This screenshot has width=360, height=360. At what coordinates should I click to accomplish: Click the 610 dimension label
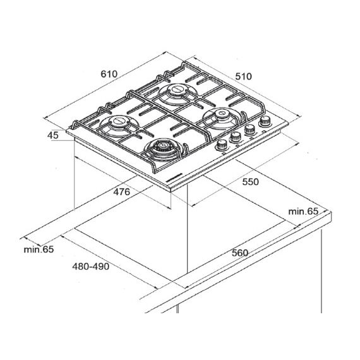click(109, 74)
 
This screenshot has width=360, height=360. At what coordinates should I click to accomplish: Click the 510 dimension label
click(243, 76)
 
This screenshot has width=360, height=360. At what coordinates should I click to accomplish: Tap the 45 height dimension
click(53, 135)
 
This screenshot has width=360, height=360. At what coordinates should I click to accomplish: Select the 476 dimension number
click(122, 192)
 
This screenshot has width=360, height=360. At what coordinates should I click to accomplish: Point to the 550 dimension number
click(251, 182)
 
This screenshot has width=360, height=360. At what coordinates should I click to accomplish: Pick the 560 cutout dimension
click(240, 253)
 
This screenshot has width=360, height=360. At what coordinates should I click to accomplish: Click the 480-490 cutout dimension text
click(91, 267)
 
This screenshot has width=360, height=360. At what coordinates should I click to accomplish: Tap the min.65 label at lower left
click(39, 249)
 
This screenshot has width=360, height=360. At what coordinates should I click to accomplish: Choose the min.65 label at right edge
click(303, 211)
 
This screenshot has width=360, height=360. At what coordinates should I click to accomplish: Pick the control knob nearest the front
click(222, 145)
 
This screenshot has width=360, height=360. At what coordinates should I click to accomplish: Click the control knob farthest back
click(265, 121)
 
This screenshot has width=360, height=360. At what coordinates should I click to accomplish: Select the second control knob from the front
click(236, 137)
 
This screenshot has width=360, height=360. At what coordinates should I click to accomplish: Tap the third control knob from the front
click(249, 129)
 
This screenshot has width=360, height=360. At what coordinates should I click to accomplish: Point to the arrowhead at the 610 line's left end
click(45, 118)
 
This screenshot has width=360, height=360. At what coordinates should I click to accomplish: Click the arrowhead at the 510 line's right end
click(299, 116)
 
